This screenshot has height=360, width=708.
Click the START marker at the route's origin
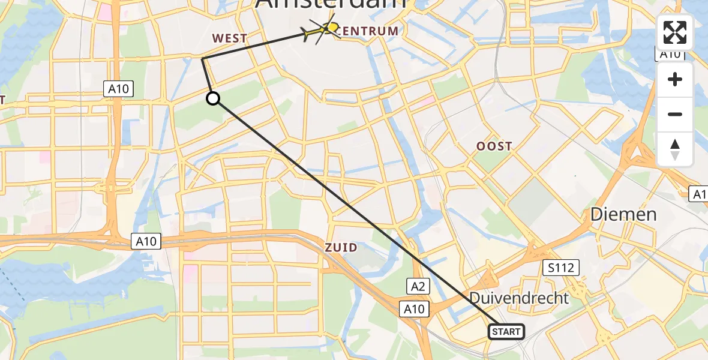tap(506, 331)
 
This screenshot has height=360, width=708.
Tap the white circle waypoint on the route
tap(213, 98)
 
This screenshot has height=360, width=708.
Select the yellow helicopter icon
tap(322, 30)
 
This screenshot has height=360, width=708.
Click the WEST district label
tap(229, 38)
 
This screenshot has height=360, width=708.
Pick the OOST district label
tap(494, 146)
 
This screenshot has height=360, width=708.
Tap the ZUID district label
tap(341, 247)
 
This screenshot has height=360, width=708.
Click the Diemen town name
tap(623, 214)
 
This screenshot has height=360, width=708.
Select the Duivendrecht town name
tap(519, 297)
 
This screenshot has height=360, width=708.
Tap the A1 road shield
tap(699, 194)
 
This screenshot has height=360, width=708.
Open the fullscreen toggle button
tap(675, 32)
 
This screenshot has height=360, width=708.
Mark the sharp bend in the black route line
tap(202, 58)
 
